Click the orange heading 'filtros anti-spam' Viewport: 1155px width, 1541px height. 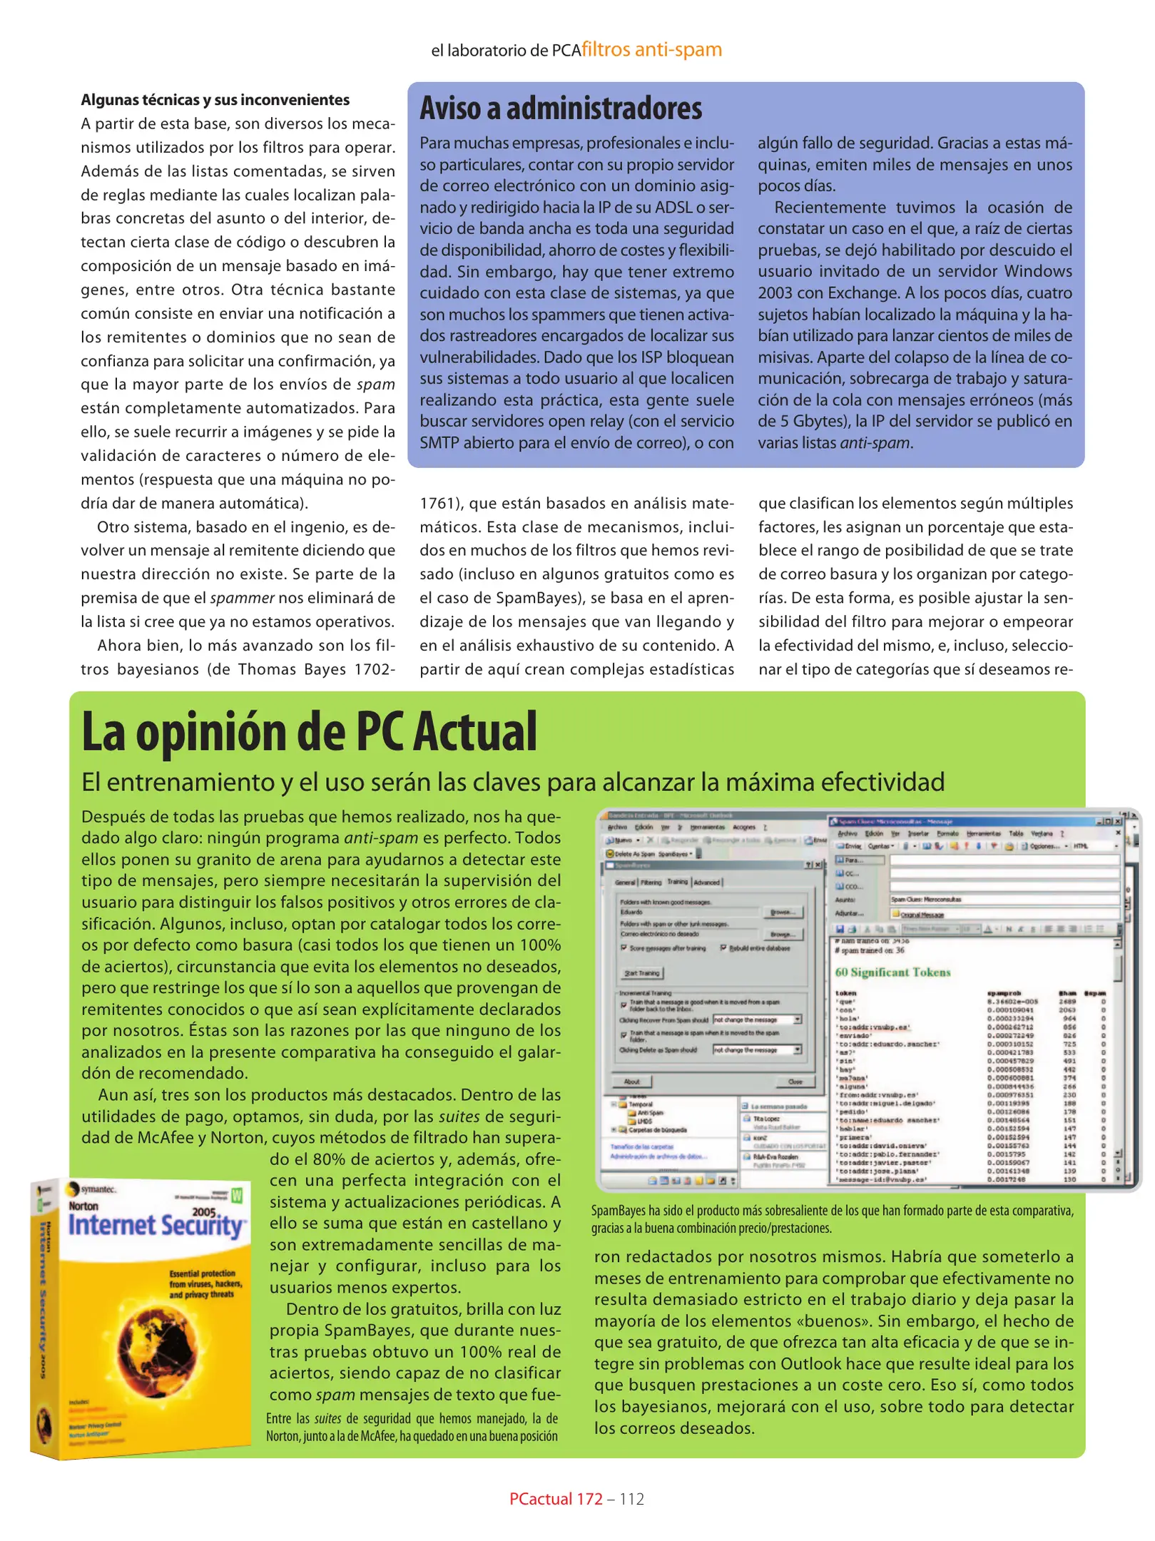point(651,49)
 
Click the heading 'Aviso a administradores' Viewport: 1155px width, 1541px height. point(561,108)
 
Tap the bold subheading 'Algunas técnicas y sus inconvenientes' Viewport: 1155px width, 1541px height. point(215,100)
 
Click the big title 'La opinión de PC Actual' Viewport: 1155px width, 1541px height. point(309,733)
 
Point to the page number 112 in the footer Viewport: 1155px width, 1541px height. point(631,1499)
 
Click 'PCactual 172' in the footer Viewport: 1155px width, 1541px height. point(556,1499)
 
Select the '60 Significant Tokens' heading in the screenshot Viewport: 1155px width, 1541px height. point(892,972)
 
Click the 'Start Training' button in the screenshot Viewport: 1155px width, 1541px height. point(642,972)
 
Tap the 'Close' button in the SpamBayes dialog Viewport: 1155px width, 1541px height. point(795,1082)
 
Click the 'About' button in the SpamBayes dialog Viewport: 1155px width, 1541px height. point(631,1082)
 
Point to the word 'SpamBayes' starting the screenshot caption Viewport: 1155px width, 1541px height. point(618,1211)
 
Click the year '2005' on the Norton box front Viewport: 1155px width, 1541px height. point(204,1211)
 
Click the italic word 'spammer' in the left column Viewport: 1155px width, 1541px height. point(243,598)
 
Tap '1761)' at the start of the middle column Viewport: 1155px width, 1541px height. point(441,503)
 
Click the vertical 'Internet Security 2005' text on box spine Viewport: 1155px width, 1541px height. point(44,1298)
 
